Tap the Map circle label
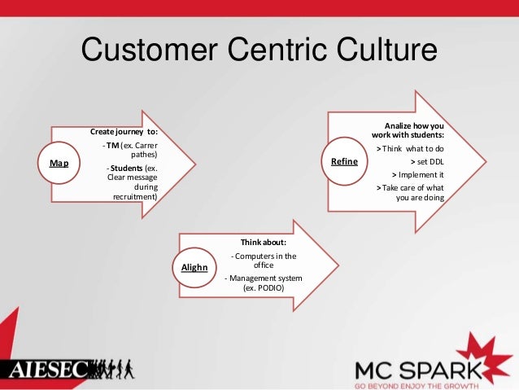(59, 163)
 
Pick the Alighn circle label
(194, 267)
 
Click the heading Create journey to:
(124, 132)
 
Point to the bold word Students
(126, 169)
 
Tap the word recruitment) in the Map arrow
(136, 196)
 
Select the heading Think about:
(262, 243)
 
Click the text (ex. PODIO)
(262, 288)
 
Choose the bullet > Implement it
(417, 174)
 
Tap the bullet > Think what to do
(411, 149)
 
